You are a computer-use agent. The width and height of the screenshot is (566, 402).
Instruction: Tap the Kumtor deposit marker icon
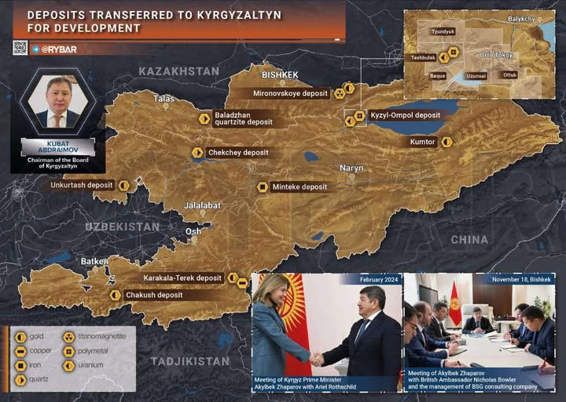click(447, 142)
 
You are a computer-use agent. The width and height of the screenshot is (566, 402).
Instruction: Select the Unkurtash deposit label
click(83, 186)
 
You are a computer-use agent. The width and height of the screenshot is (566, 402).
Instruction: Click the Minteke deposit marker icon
click(263, 187)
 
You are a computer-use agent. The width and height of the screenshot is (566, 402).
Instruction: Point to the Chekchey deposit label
click(238, 153)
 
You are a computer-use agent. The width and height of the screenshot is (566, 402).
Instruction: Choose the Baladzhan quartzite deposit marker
click(204, 118)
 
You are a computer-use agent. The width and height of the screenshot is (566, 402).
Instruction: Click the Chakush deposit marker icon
click(116, 295)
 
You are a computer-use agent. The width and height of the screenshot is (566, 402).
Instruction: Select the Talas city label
click(164, 99)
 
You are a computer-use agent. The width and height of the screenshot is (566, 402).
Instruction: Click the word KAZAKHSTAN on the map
click(178, 72)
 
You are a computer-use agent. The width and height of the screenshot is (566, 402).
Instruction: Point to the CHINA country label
click(469, 239)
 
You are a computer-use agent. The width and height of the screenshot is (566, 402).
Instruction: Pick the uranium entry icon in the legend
click(68, 365)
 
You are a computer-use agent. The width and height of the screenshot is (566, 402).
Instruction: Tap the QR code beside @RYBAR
click(20, 48)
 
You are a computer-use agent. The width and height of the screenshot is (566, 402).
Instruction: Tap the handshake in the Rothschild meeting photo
click(317, 359)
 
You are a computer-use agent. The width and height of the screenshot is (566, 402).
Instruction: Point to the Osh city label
click(193, 231)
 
